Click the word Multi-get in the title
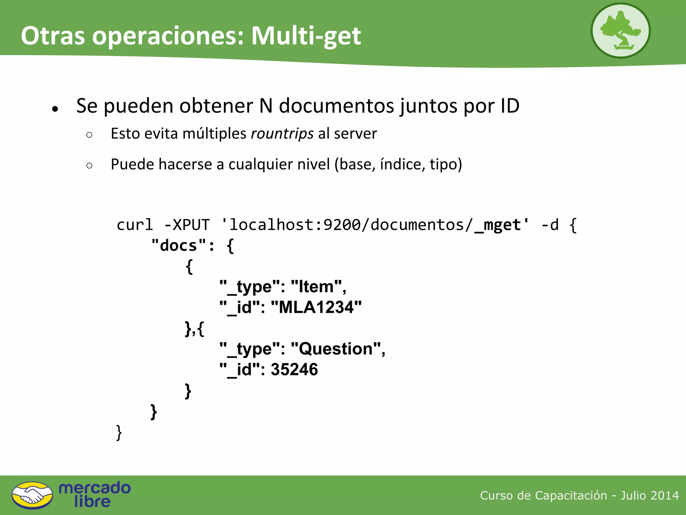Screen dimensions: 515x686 [x=306, y=36]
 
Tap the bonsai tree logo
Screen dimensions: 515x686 [x=620, y=31]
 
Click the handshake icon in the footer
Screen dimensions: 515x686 [x=32, y=495]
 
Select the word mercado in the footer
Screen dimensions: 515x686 [x=95, y=488]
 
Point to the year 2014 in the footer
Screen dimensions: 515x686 [x=665, y=496]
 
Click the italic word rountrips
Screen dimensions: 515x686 [x=282, y=134]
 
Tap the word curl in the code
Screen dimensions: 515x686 [x=135, y=225]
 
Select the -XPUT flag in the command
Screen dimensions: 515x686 [x=187, y=225]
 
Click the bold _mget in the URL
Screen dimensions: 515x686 [x=498, y=225]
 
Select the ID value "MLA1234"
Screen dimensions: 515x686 [x=316, y=307]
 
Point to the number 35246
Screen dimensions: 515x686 [x=294, y=369]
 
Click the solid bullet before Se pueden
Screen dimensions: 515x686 [x=56, y=109]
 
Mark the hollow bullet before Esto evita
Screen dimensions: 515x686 [x=89, y=135]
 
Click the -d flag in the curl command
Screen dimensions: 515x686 [x=550, y=225]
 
